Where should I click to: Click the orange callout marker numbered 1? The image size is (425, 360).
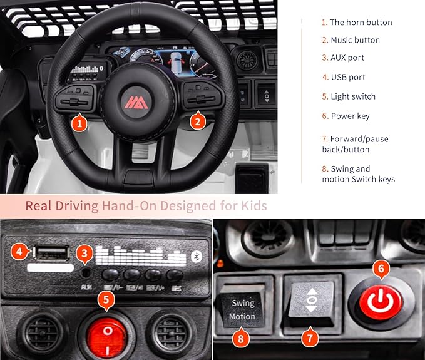point(78,123)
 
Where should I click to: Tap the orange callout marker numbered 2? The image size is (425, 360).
point(198,121)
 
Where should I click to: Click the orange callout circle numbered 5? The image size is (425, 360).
point(107,300)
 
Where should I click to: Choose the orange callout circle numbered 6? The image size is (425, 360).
point(382,270)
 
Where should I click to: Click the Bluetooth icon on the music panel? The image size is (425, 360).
point(196,256)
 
